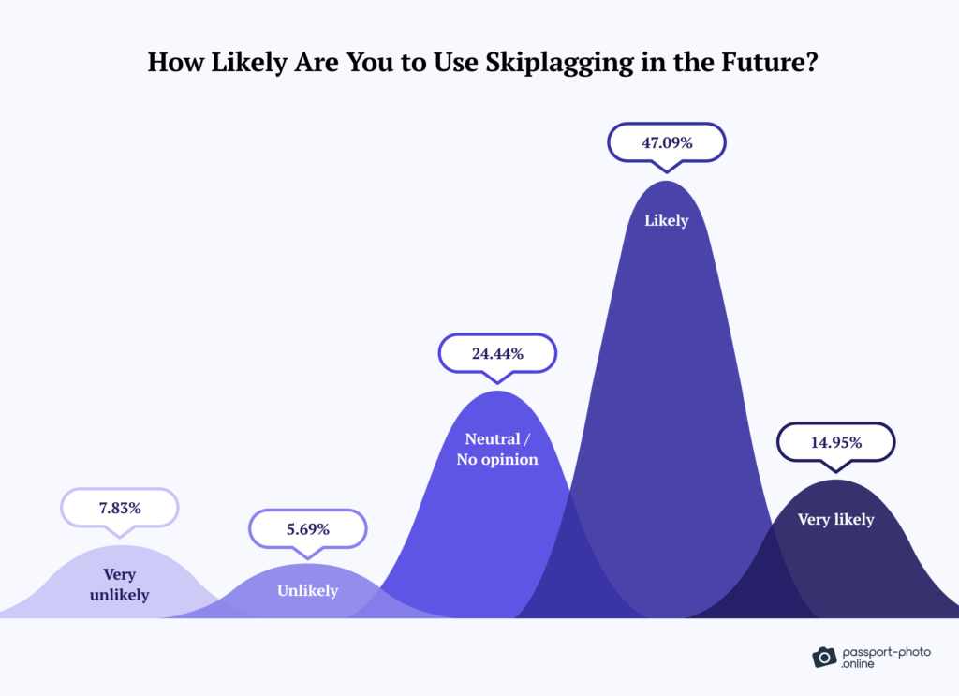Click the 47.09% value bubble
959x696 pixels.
click(x=666, y=143)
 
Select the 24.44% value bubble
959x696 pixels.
click(x=497, y=354)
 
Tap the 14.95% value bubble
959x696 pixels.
click(x=836, y=442)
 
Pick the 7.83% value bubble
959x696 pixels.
click(x=119, y=508)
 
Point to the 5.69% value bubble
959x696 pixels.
click(x=307, y=528)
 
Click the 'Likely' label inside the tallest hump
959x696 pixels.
click(x=666, y=221)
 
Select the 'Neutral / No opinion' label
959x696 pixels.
click(x=497, y=449)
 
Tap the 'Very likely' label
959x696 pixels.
click(x=835, y=519)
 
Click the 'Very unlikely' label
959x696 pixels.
click(x=121, y=585)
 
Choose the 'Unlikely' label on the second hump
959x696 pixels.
click(x=307, y=590)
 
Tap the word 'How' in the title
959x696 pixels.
click(x=172, y=63)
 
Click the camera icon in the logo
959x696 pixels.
click(x=823, y=657)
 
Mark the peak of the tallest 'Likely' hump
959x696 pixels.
click(x=666, y=182)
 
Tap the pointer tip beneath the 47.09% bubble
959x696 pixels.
click(x=666, y=170)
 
